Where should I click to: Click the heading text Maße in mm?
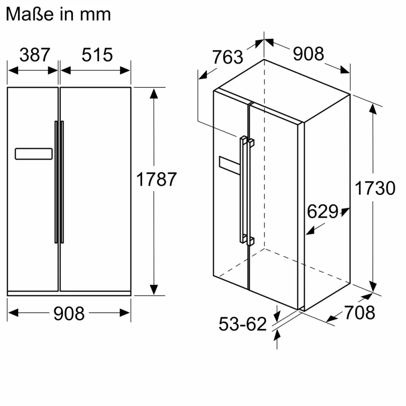coord(58,14)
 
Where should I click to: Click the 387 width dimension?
coord(35,55)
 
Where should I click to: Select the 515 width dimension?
coord(97,55)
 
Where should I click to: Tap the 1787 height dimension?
coord(156,179)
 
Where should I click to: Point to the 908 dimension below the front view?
coord(69,313)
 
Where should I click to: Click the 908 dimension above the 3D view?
coord(309,54)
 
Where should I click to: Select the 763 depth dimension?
coord(227,57)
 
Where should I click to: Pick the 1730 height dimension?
coord(374,188)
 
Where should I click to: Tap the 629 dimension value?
coord(322,212)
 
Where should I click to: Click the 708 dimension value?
coord(359,312)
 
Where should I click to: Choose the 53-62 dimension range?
coord(242,324)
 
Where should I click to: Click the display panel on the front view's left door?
coord(34,154)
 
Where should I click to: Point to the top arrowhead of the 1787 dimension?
coord(153,94)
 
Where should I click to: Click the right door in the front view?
coord(95,189)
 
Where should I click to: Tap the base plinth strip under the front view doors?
coord(69,293)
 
